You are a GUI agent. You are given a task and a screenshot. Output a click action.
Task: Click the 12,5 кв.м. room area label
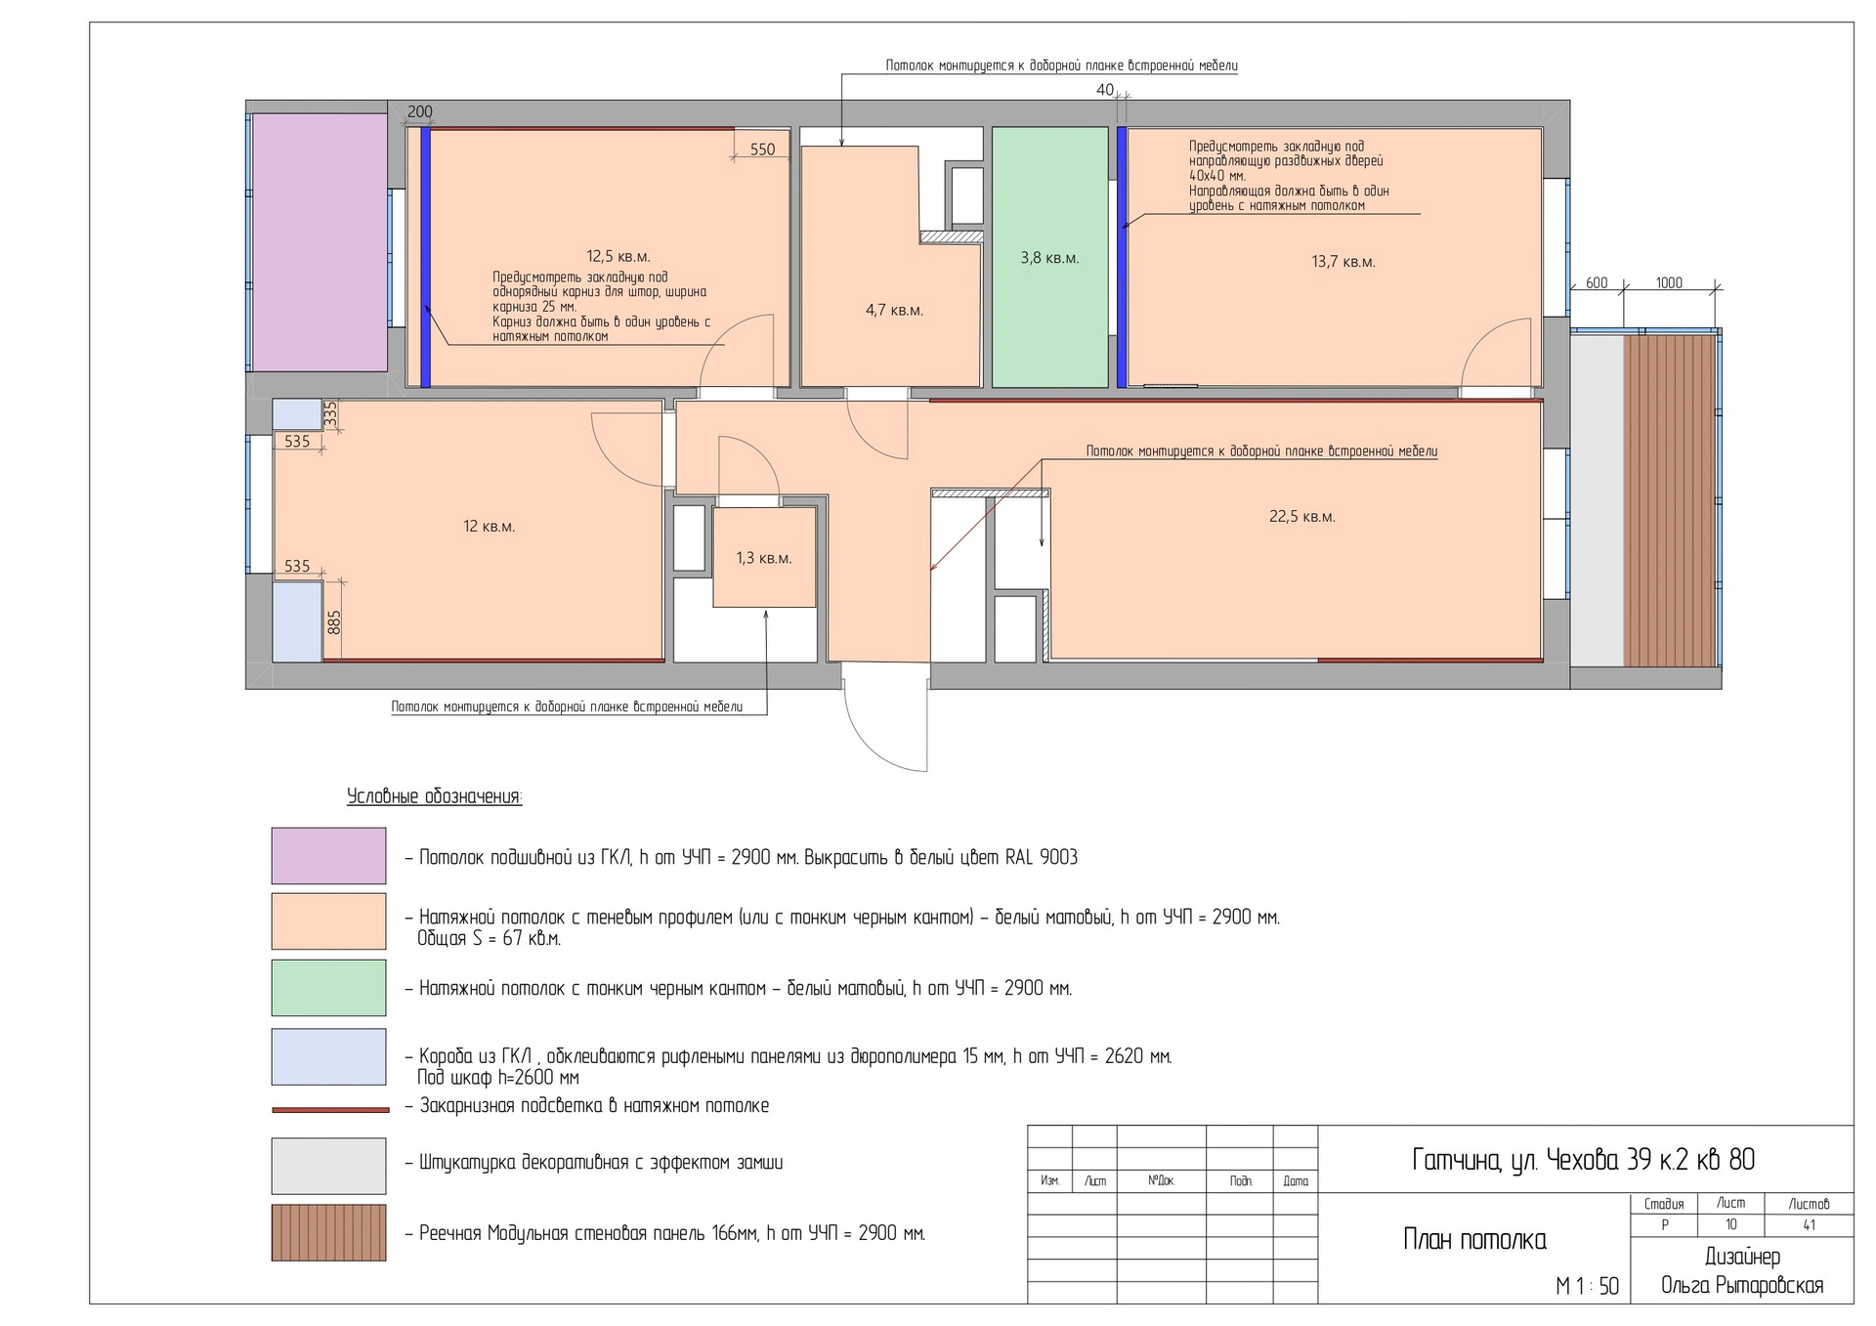pyautogui.click(x=618, y=257)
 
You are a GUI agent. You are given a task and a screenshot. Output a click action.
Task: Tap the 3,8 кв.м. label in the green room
pyautogui.click(x=1049, y=258)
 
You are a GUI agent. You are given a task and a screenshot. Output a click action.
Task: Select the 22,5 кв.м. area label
pyautogui.click(x=1301, y=517)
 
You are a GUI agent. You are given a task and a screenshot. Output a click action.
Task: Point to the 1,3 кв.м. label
pyautogui.click(x=763, y=559)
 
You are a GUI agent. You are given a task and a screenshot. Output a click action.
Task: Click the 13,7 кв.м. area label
pyautogui.click(x=1343, y=262)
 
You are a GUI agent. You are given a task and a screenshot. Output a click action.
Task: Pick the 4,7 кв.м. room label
pyautogui.click(x=894, y=311)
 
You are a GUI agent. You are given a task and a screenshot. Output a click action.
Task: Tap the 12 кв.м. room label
pyautogui.click(x=489, y=527)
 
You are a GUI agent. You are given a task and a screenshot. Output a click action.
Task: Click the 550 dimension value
pyautogui.click(x=762, y=150)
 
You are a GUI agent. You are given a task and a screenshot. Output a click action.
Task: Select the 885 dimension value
pyautogui.click(x=334, y=622)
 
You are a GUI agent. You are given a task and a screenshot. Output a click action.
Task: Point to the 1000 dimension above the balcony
pyautogui.click(x=1669, y=283)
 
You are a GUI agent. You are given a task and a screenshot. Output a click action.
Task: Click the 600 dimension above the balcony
pyautogui.click(x=1597, y=283)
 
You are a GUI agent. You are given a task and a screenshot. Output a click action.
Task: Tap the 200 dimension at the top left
pyautogui.click(x=420, y=111)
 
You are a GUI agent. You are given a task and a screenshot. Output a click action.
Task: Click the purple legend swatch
pyautogui.click(x=328, y=856)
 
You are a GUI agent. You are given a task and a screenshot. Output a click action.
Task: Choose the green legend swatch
pyautogui.click(x=328, y=987)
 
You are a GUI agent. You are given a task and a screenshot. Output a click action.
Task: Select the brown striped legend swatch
pyautogui.click(x=328, y=1232)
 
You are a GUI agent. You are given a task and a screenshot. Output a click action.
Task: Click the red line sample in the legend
pyautogui.click(x=330, y=1110)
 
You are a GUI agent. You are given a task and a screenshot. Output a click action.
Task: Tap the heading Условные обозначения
pyautogui.click(x=435, y=796)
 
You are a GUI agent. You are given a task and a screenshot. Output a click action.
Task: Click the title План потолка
pyautogui.click(x=1474, y=1240)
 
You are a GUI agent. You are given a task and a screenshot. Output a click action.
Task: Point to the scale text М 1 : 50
pyautogui.click(x=1587, y=1287)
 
